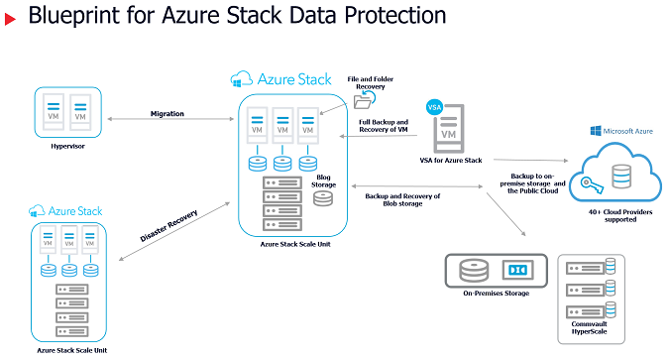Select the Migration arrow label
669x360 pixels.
point(167,113)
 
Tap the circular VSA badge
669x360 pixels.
point(433,106)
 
